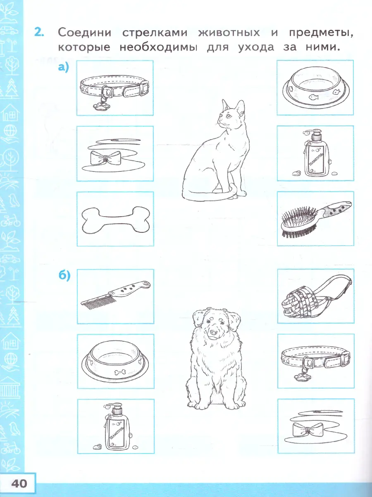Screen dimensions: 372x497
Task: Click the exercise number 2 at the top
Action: [x=39, y=32]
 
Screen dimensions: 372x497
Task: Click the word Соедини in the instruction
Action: [x=84, y=33]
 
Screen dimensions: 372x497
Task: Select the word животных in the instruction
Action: [x=229, y=33]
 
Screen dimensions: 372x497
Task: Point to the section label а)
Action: [x=63, y=68]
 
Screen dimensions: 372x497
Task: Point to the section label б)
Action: [x=64, y=275]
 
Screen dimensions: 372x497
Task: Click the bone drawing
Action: [x=116, y=220]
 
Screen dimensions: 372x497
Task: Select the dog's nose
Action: [x=213, y=332]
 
